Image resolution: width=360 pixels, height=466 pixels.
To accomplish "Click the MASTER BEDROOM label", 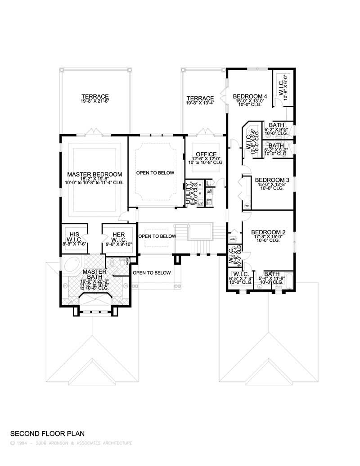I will pyautogui.click(x=94, y=174).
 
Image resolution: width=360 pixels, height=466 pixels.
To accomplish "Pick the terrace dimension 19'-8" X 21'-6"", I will pyautogui.click(x=95, y=102).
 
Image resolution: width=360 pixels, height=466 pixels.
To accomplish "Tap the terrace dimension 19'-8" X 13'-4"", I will pyautogui.click(x=200, y=103).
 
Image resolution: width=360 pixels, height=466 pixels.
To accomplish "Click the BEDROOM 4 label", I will pyautogui.click(x=250, y=96).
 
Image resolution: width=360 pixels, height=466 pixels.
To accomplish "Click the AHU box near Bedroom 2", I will pyautogui.click(x=233, y=239).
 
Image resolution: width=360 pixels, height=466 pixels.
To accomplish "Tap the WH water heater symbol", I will pyautogui.click(x=247, y=206).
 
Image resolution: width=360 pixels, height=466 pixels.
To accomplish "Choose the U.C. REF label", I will pyautogui.click(x=209, y=191).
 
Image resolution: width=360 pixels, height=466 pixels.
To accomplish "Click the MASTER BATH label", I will pyautogui.click(x=94, y=274).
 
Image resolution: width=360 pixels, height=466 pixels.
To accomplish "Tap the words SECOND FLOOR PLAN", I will pyautogui.click(x=47, y=434).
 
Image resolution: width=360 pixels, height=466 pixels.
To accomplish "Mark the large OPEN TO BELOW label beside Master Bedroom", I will pyautogui.click(x=155, y=172).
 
